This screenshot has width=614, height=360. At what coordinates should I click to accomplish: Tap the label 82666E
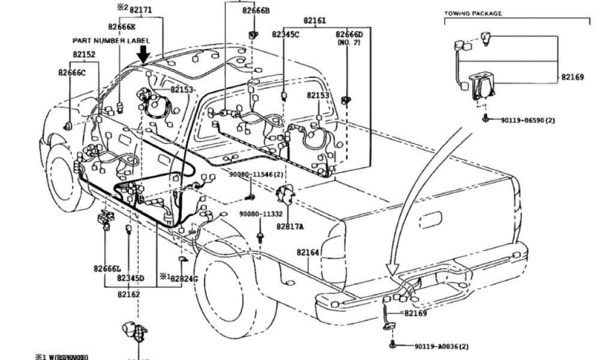point(122,26)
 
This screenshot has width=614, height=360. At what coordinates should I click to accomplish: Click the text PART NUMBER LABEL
point(111,40)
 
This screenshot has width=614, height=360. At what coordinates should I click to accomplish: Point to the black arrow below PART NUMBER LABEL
point(143,55)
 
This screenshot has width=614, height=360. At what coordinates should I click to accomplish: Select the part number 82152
point(84,54)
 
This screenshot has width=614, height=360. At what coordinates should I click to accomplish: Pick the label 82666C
point(72,73)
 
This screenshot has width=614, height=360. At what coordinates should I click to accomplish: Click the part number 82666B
point(256,11)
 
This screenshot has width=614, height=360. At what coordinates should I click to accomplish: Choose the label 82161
point(315,20)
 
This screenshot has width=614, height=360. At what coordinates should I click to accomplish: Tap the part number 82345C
point(285,35)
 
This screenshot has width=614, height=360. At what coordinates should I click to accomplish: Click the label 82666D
point(350,35)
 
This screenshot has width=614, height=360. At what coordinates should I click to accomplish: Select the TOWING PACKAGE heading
point(473,13)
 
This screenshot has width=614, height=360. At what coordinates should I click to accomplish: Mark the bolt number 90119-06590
point(528,120)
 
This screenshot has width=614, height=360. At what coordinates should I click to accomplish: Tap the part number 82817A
point(290,226)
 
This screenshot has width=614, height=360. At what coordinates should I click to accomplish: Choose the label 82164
point(309,253)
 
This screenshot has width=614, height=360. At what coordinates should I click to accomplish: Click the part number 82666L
point(107,268)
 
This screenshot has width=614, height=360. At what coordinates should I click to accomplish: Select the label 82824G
point(184,278)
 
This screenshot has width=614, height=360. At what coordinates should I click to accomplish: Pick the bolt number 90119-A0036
point(441,346)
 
